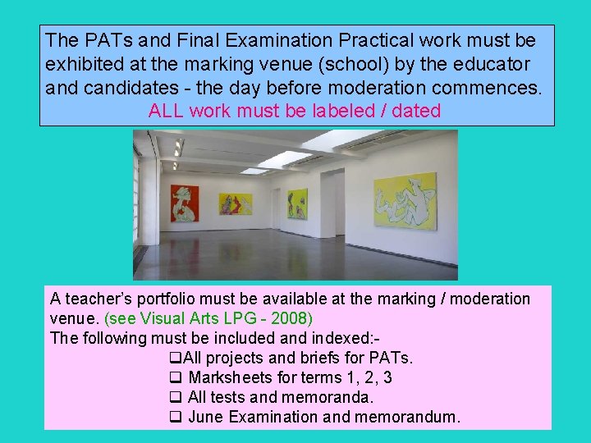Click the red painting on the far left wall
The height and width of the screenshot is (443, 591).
coord(185,203)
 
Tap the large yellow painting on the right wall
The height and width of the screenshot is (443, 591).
coord(405,200)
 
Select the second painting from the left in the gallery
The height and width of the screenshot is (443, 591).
coord(236,203)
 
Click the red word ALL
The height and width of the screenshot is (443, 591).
coord(167,111)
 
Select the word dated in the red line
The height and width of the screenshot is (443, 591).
coord(416,111)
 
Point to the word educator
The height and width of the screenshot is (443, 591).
coord(492,63)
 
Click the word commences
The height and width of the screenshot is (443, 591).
coord(491,87)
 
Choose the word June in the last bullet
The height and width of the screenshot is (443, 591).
coord(206,417)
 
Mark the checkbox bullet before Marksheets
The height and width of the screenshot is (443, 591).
coord(174,377)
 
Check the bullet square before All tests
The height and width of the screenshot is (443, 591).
coord(174,397)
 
